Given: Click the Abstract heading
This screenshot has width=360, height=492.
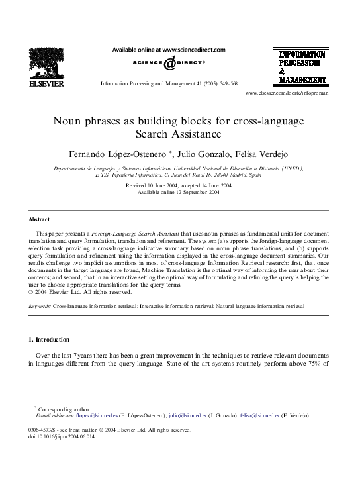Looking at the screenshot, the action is pyautogui.click(x=40, y=219).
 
